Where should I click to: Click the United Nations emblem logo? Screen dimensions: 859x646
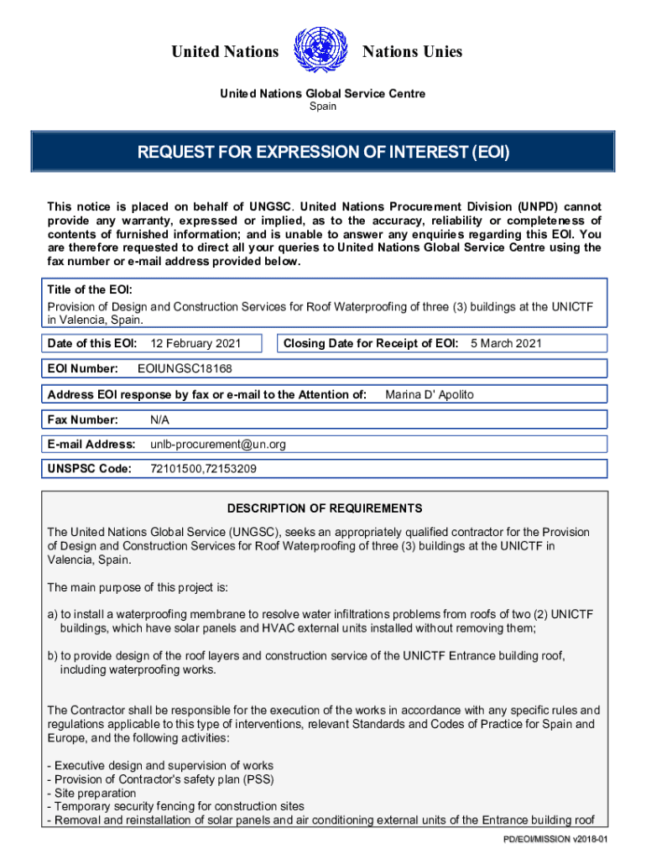coord(321,50)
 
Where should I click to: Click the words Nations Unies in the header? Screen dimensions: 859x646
coord(412,52)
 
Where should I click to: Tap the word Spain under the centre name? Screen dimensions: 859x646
coord(323,107)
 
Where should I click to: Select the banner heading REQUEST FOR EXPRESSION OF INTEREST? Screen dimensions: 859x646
coord(323,153)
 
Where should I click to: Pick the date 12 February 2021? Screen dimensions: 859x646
coord(195,343)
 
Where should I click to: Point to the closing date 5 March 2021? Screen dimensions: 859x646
coord(506,343)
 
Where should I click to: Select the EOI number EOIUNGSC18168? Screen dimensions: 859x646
coord(185,369)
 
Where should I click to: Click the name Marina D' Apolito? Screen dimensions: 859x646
coord(435,394)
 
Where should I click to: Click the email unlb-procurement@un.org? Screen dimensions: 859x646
coord(218,444)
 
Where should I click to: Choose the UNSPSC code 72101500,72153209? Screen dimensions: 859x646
coord(203,469)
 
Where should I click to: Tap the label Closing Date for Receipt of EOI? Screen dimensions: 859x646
coord(371,343)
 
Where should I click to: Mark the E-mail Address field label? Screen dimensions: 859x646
coord(91,444)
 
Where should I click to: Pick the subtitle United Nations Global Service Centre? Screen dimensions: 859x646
coord(323,93)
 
